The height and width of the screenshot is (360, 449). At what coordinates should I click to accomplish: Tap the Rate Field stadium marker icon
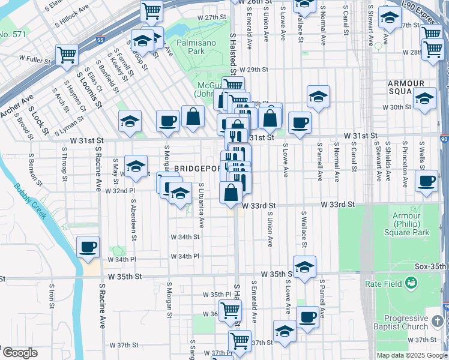(x=411, y=282)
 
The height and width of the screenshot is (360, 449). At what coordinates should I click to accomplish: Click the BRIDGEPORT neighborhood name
(x=194, y=169)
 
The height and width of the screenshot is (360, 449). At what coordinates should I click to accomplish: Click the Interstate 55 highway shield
(x=100, y=41)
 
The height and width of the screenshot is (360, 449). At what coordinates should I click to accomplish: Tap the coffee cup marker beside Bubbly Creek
(x=88, y=247)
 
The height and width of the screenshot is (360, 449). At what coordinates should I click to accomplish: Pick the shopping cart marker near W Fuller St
(x=67, y=55)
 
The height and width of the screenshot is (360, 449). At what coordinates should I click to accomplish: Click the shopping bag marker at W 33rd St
(x=231, y=193)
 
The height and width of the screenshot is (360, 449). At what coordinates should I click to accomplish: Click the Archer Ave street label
(x=17, y=104)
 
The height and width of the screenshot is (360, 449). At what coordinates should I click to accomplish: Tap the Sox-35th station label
(x=432, y=266)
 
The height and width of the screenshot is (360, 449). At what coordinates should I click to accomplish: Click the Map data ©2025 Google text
(x=412, y=355)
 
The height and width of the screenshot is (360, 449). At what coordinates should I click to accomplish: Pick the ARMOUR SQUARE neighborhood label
(x=407, y=87)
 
